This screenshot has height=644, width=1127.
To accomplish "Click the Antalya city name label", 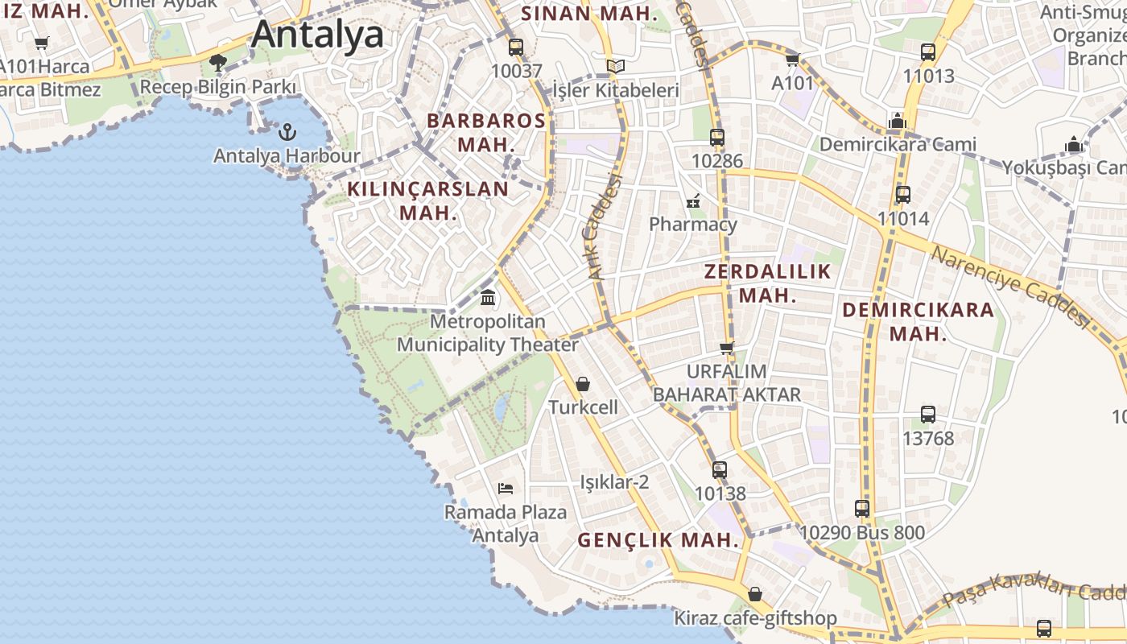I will pos(317,35).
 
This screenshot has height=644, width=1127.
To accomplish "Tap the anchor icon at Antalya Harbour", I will pos(287,131).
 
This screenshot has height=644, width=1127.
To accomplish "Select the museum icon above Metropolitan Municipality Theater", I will pos(488,298).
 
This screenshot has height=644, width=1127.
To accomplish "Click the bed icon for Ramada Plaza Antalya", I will pos(506,488).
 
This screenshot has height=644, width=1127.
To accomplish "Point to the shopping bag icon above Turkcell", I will pos(583,384).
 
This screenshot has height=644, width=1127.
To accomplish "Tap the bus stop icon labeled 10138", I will pos(720,469).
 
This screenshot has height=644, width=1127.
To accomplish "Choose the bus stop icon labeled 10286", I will pos(717,137).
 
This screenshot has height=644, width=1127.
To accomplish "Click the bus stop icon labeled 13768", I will pos(928,415).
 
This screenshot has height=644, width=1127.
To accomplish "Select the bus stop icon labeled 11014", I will pos(903,194).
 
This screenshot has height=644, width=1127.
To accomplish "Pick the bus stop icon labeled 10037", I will pos(516,47).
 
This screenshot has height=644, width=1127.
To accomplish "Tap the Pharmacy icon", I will pos(693,201).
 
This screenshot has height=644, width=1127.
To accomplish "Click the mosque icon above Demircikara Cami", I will pos(898,121).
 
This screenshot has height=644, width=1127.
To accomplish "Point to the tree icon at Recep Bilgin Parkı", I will pos(217,62).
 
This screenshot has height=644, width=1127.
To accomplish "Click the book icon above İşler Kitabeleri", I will pos(616,66).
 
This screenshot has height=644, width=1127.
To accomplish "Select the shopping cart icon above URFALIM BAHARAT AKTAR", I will pos(727,348).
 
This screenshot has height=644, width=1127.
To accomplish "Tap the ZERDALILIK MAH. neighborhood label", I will pos(767,283).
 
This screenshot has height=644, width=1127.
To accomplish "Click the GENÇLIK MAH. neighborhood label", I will pos(658,540).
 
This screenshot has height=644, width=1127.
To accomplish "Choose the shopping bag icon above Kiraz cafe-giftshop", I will pos(755,594).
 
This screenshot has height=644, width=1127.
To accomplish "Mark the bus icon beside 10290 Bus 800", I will pos(862,509).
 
